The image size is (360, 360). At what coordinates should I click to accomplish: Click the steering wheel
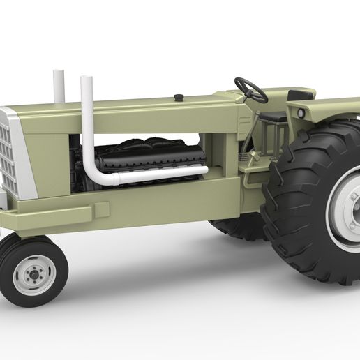[x=250, y=89]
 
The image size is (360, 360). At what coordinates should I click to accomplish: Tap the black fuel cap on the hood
[x=179, y=97]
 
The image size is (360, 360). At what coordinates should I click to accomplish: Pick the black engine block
[x=150, y=160]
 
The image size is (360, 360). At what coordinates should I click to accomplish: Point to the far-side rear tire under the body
[x=237, y=228]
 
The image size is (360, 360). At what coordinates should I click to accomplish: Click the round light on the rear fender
[x=300, y=112]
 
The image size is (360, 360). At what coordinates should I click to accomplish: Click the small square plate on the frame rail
[x=102, y=209]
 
